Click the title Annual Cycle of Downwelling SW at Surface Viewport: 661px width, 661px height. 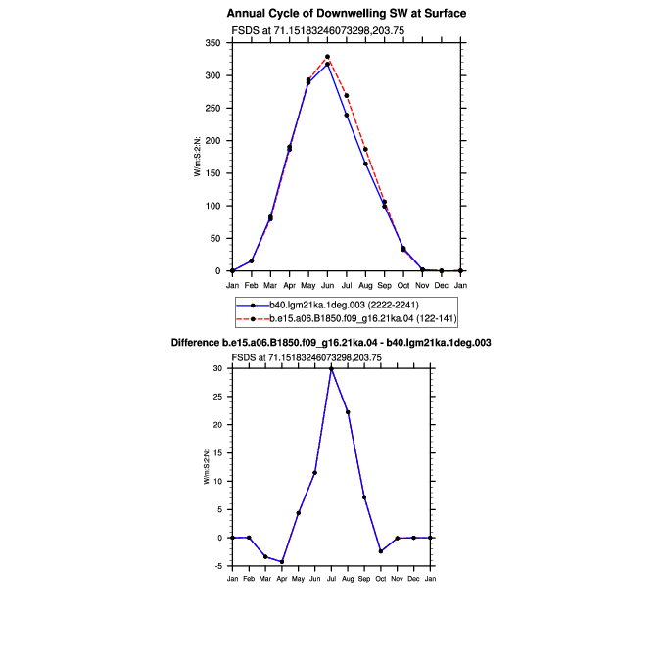click(x=346, y=14)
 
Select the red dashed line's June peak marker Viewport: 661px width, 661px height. click(x=327, y=57)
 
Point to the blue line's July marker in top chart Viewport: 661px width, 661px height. click(x=347, y=116)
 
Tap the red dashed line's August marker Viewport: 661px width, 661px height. click(x=365, y=149)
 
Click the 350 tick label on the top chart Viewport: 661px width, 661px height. click(x=212, y=43)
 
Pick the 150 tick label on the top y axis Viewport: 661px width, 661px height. click(x=212, y=173)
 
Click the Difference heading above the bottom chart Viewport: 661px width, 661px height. click(x=331, y=343)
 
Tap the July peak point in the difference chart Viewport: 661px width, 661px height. click(x=331, y=369)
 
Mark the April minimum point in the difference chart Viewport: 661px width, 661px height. click(x=282, y=562)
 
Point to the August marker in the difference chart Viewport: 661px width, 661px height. click(x=348, y=412)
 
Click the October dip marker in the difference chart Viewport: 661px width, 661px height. click(x=381, y=551)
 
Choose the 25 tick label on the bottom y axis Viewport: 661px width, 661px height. click(x=217, y=397)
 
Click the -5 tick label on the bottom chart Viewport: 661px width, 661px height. click(x=218, y=566)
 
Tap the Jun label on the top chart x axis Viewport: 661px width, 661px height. click(x=327, y=286)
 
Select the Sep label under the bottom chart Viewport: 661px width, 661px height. click(x=364, y=579)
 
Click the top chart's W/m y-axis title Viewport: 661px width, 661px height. click(x=197, y=157)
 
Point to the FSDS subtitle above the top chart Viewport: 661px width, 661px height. click(x=318, y=30)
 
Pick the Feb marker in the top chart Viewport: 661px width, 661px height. click(x=252, y=260)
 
